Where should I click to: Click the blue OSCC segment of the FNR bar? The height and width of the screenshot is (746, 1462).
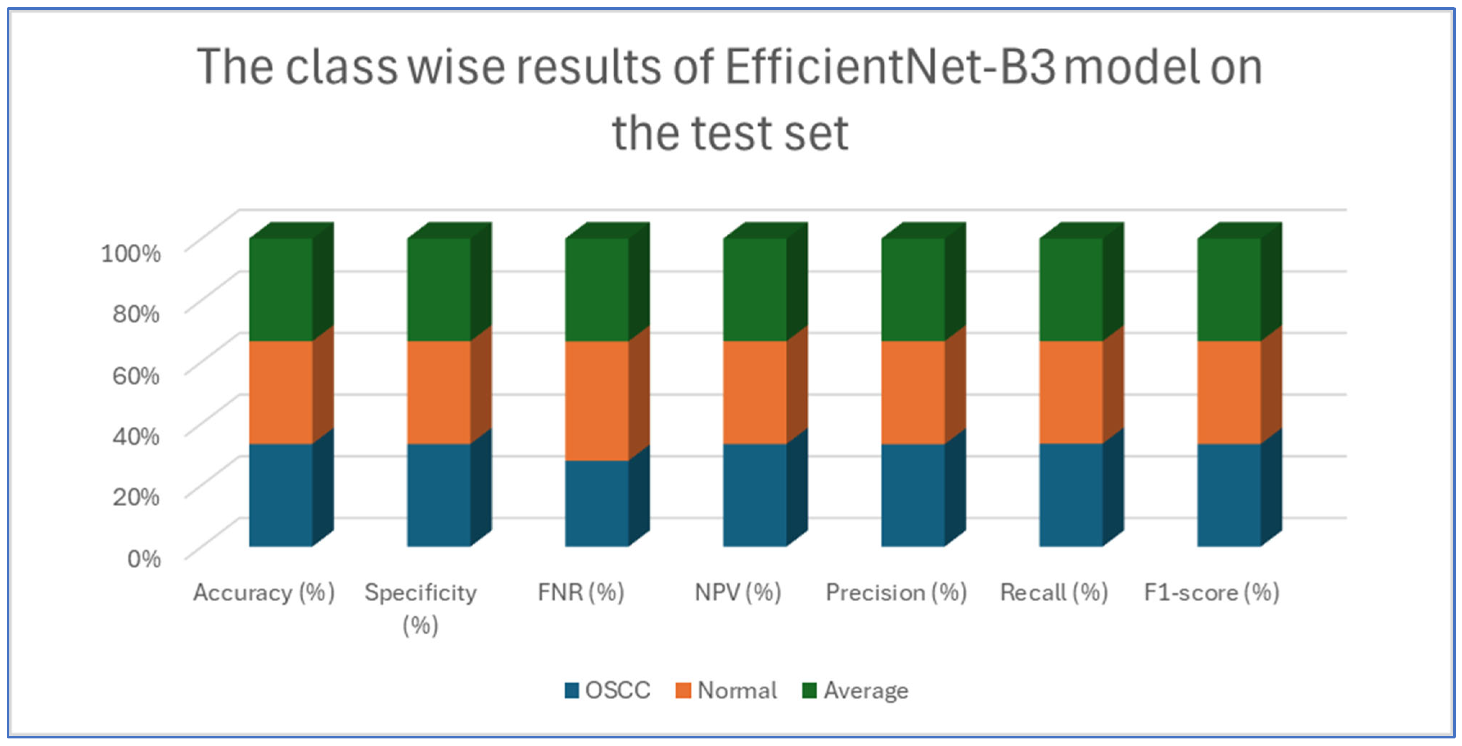(596, 503)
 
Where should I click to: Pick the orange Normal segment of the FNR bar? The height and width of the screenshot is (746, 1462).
(596, 400)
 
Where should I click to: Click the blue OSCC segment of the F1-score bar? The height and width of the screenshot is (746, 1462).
(1229, 495)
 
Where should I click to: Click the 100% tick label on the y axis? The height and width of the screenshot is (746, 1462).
(131, 253)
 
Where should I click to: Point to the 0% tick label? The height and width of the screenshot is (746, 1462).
(144, 559)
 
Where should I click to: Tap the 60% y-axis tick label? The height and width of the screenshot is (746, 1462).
(136, 375)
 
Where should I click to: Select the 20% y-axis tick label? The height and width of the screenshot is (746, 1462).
(136, 497)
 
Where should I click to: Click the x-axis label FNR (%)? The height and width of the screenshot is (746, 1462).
(581, 593)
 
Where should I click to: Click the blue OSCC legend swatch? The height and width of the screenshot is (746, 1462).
(572, 690)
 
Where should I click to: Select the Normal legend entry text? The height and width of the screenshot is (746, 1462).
(737, 690)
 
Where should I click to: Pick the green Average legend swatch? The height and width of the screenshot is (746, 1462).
(809, 690)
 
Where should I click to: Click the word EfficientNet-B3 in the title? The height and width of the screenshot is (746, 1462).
(890, 67)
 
